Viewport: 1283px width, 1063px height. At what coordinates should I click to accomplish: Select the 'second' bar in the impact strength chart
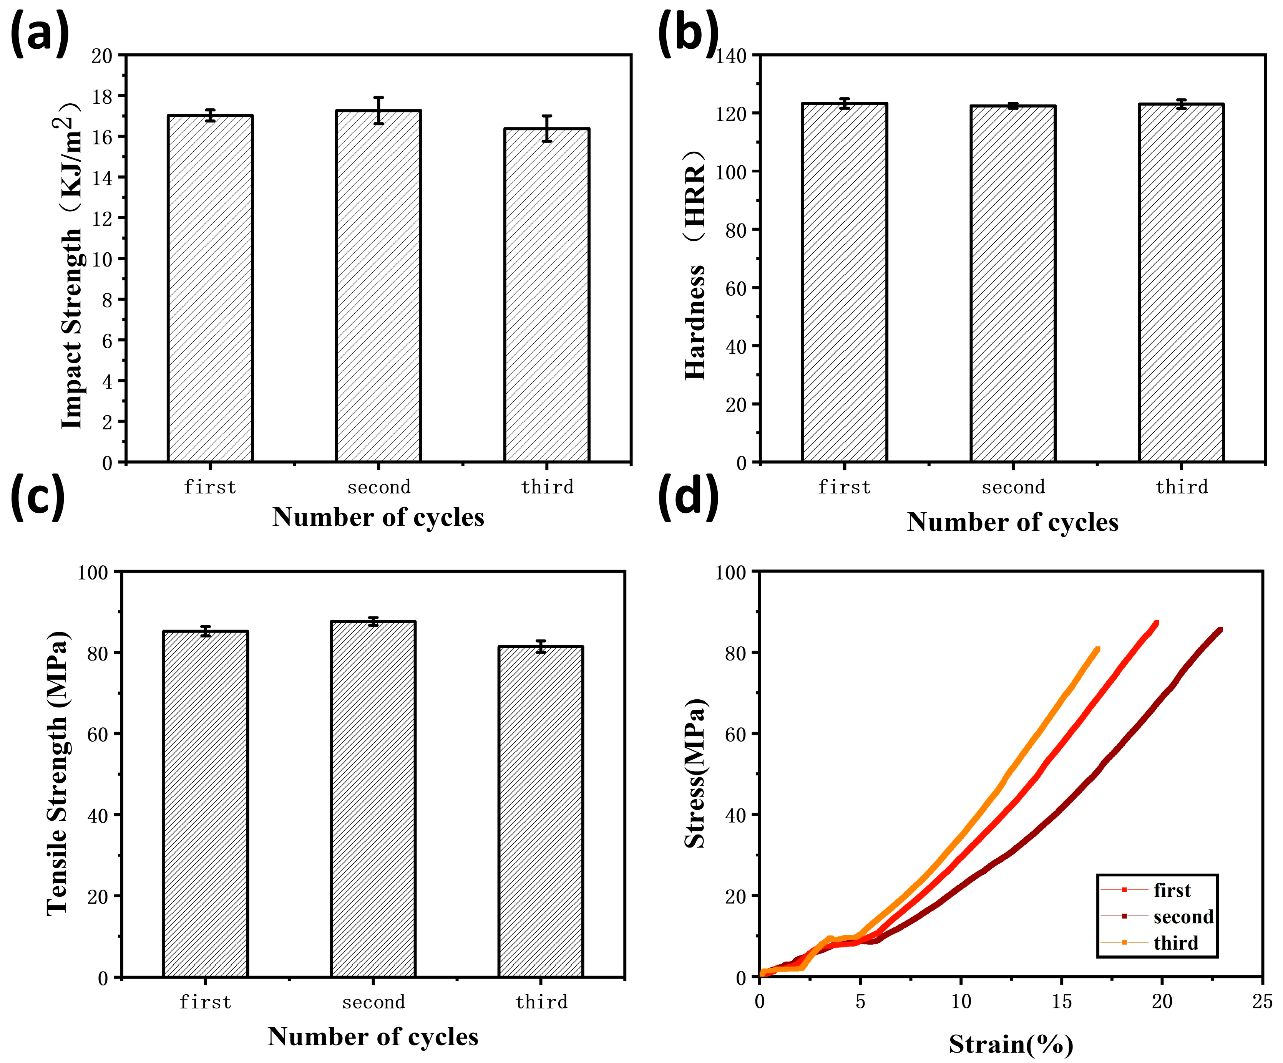click(x=378, y=287)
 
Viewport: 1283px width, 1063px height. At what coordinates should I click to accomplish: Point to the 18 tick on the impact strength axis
click(x=102, y=96)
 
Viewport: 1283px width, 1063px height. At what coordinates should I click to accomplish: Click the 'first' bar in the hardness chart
click(x=844, y=284)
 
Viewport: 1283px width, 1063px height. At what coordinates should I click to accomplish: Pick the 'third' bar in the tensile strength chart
click(x=540, y=812)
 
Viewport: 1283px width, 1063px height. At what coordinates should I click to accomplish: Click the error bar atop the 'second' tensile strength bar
click(x=373, y=622)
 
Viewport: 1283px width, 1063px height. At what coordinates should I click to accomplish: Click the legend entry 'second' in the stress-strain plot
click(x=1183, y=916)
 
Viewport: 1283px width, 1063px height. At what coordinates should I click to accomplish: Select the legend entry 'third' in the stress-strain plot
click(x=1175, y=943)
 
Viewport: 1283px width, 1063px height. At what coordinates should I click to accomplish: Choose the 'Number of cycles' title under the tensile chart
click(x=373, y=1036)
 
